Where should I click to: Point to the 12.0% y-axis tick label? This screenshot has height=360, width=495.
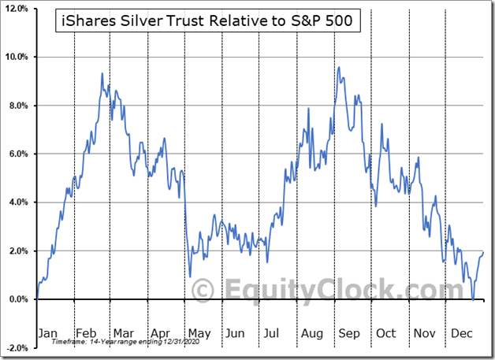click(17, 9)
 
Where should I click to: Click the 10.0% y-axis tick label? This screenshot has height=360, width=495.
click(17, 57)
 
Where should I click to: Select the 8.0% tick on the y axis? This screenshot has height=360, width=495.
click(18, 106)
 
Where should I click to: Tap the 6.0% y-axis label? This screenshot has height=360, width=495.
click(18, 154)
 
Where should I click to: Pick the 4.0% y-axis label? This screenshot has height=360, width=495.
click(18, 202)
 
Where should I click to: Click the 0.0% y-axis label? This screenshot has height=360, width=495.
click(18, 299)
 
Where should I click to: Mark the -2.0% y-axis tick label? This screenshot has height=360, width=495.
click(17, 347)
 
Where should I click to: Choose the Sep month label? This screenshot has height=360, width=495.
click(349, 333)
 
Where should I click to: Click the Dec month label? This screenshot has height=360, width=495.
click(461, 333)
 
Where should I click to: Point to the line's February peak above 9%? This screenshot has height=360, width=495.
click(102, 73)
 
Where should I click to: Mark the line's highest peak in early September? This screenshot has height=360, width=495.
click(338, 67)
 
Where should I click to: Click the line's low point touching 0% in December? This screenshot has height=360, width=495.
click(472, 299)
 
